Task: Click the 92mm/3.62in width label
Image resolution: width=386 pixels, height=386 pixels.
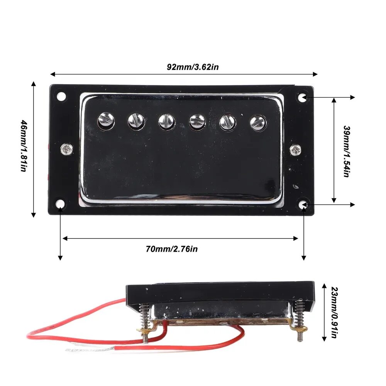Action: (193, 67)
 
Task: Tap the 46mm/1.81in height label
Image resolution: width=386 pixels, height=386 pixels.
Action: (24, 146)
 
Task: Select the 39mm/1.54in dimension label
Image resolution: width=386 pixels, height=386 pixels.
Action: (347, 151)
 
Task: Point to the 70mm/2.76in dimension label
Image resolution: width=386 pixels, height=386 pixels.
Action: (172, 249)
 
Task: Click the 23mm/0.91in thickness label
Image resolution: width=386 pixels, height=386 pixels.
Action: (334, 312)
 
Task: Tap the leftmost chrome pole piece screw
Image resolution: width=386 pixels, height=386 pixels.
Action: (106, 120)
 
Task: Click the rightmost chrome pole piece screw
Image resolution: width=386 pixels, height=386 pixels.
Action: (258, 123)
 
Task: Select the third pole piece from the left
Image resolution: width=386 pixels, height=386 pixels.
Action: (166, 122)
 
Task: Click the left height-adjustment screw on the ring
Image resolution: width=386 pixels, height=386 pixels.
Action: (67, 149)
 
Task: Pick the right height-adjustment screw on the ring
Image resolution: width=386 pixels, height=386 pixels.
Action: (295, 150)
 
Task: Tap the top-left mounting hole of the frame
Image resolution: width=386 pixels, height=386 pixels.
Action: (61, 96)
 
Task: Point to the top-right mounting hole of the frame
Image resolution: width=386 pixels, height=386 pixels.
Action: (303, 97)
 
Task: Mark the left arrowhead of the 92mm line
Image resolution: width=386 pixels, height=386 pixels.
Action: (52, 74)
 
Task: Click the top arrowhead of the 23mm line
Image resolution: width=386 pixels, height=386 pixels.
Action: (324, 286)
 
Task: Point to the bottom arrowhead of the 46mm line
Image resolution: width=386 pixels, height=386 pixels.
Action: (34, 215)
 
